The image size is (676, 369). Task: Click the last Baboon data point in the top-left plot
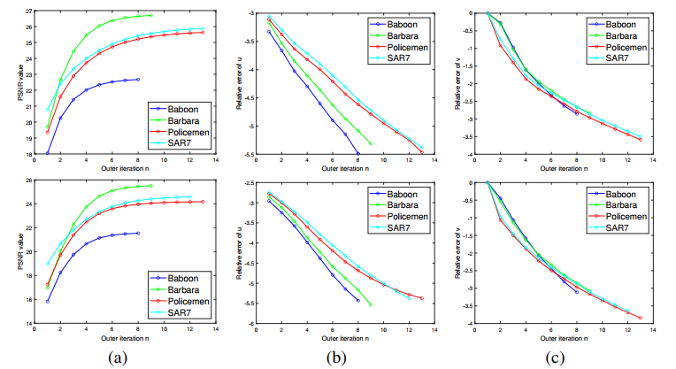click(x=138, y=80)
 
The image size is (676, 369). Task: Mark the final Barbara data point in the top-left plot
click(x=151, y=15)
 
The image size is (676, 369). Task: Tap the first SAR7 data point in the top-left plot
click(x=47, y=109)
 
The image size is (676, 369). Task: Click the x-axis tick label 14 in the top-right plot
click(x=653, y=160)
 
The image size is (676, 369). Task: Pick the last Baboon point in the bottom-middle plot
click(x=357, y=301)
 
